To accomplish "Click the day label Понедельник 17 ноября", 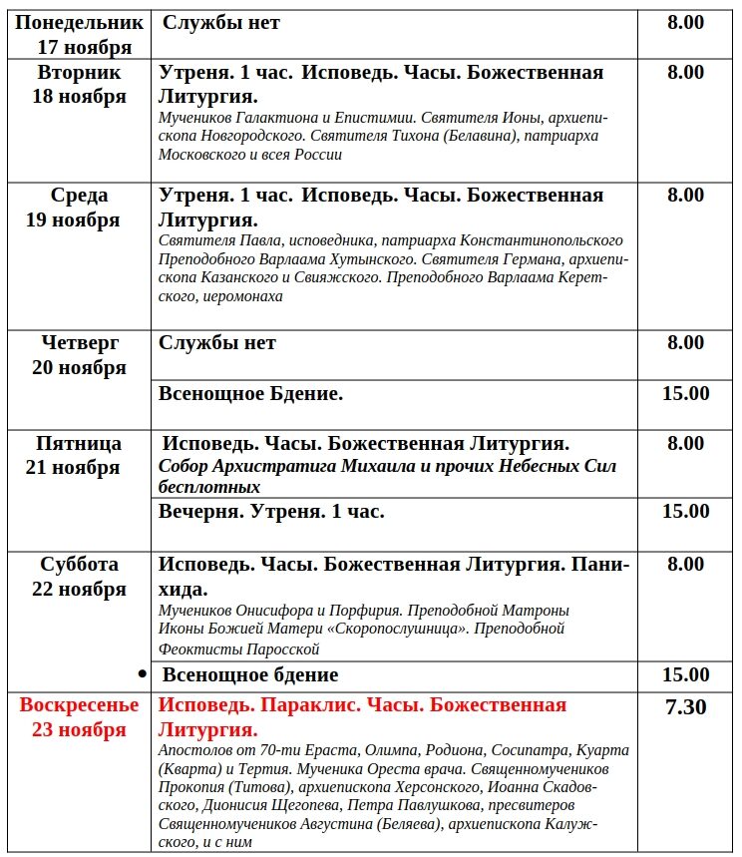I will coord(80,34).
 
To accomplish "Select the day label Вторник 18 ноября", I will coord(80,84).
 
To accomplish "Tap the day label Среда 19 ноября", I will coord(80,208).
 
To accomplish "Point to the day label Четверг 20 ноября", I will coord(80,355).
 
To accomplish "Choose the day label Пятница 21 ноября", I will coord(80,455).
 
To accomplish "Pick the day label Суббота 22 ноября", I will coord(80,577).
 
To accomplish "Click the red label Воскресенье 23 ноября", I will coord(80,717).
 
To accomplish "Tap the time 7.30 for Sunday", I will coord(685,708).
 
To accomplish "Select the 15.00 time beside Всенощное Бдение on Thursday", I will coord(685,394).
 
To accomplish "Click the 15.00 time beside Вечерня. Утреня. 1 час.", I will coord(685,512).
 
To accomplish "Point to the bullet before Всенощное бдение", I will coord(142,674).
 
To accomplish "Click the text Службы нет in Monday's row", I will coord(220,22).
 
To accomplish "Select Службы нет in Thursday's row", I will coord(216,343).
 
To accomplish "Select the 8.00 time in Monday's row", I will coord(685,22).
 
